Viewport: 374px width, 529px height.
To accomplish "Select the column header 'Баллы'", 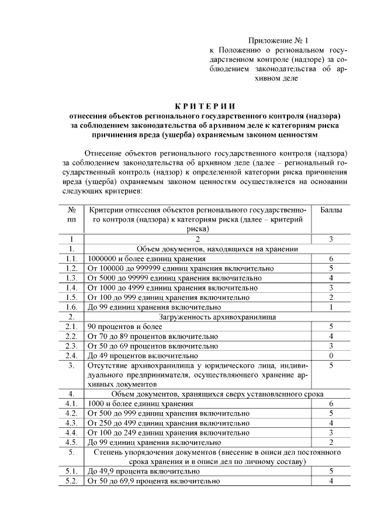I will pyautogui.click(x=331, y=209).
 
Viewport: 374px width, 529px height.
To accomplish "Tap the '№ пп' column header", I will pyautogui.click(x=72, y=215).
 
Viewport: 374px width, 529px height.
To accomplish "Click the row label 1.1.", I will pyautogui.click(x=72, y=258).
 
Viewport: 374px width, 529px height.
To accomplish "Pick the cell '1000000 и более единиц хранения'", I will pyautogui.click(x=146, y=258).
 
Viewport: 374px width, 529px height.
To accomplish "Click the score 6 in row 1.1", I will pyautogui.click(x=331, y=258).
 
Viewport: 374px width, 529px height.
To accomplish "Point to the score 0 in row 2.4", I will pyautogui.click(x=331, y=355).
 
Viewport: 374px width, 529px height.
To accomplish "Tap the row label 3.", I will pyautogui.click(x=72, y=365).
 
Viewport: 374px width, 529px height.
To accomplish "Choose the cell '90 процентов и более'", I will pyautogui.click(x=125, y=326).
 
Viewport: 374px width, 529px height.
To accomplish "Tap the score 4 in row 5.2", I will pyautogui.click(x=331, y=481).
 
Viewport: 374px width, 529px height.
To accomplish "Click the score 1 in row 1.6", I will pyautogui.click(x=331, y=307).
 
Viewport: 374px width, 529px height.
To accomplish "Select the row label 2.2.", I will pyautogui.click(x=72, y=336).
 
